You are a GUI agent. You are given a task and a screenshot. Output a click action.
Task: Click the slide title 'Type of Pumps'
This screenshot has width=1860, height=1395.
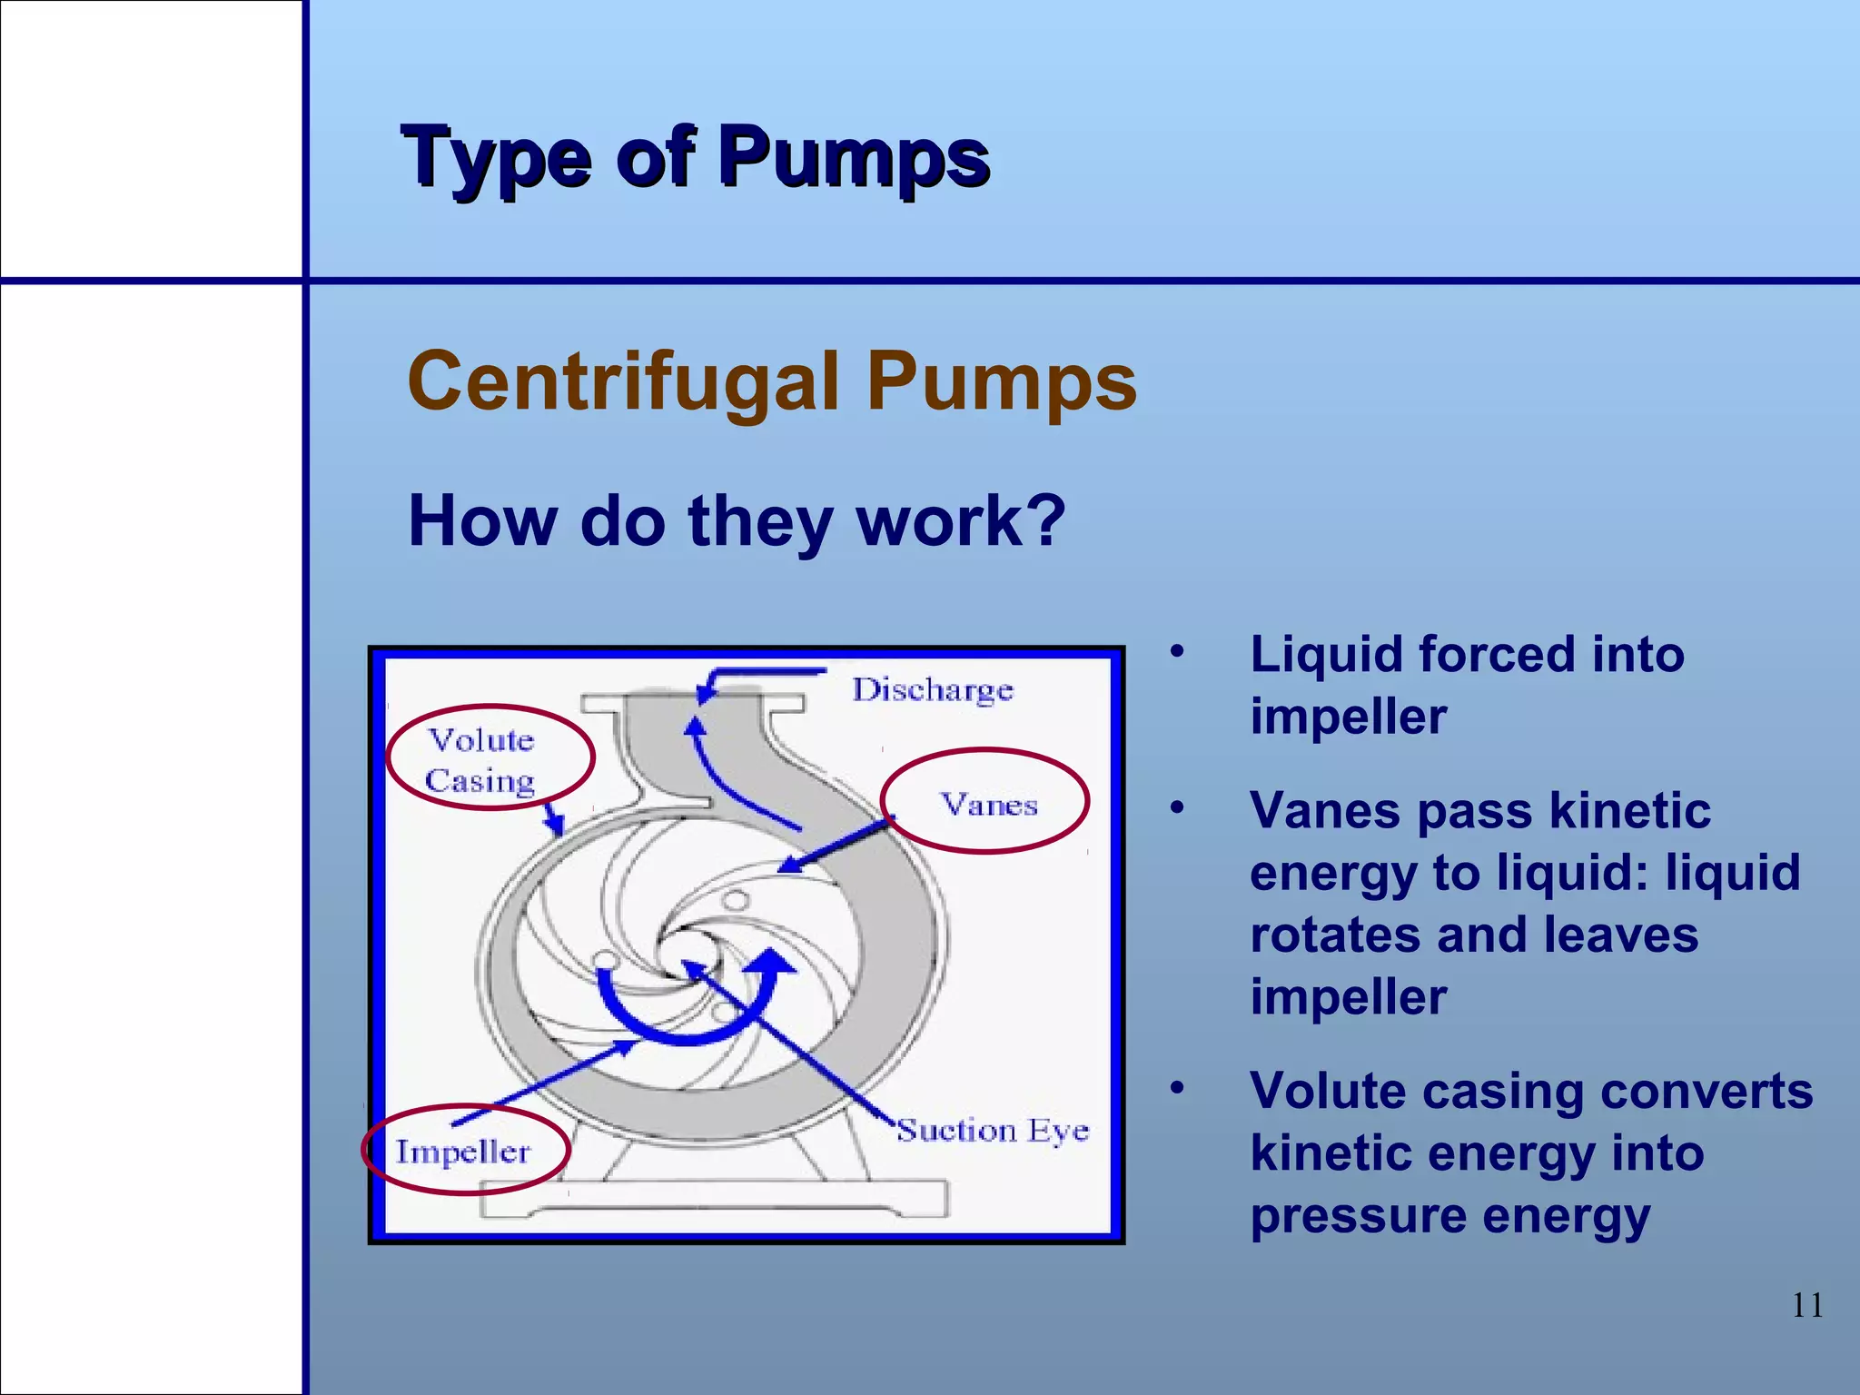(x=695, y=158)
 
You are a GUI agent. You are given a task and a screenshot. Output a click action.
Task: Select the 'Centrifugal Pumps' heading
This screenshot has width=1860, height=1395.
(x=772, y=381)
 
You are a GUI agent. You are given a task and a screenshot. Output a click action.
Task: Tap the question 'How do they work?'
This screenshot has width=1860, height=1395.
(x=737, y=521)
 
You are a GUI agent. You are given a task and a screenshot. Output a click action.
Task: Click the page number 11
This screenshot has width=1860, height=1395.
(x=1807, y=1306)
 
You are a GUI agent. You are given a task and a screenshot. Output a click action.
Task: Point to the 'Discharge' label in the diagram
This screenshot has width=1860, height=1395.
(x=932, y=690)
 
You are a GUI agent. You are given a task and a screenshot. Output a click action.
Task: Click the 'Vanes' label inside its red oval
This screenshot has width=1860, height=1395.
(x=988, y=805)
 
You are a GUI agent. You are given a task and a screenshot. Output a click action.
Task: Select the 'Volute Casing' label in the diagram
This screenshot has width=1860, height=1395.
(x=481, y=760)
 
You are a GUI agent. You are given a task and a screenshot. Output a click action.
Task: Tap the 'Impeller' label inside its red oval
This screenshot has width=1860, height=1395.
(x=462, y=1152)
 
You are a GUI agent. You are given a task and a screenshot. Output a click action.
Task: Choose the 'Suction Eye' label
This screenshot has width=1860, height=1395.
(x=993, y=1131)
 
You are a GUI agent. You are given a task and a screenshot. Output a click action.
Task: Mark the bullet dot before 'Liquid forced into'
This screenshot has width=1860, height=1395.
(x=1178, y=652)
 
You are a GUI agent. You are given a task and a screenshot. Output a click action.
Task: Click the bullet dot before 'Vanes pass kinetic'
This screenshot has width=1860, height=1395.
(x=1178, y=807)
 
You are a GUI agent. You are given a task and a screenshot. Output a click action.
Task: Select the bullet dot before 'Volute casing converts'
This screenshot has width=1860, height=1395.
(x=1178, y=1088)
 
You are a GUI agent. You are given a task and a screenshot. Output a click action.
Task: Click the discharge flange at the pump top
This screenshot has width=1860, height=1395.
(x=693, y=703)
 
